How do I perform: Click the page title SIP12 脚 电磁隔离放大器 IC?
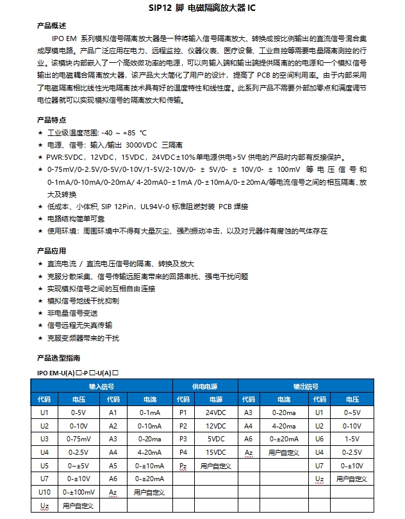(x=202, y=10)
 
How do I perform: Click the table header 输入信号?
(x=102, y=387)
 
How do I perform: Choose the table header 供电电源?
(x=205, y=387)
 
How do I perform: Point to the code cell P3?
(x=183, y=439)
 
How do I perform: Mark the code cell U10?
(x=44, y=492)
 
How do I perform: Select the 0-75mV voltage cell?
(x=78, y=439)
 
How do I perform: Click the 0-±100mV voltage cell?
(x=78, y=492)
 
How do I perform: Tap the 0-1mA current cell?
(x=149, y=413)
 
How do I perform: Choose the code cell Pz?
(x=183, y=466)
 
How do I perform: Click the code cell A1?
(x=113, y=413)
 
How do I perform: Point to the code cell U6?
(x=319, y=439)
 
